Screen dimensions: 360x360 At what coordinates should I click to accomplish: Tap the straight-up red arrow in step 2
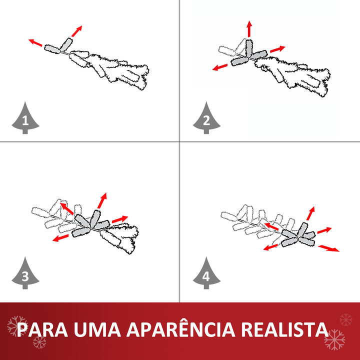point(249,29)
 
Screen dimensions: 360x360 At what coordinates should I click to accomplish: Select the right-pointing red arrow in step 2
point(277,49)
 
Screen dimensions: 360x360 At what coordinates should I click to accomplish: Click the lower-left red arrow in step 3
point(61,238)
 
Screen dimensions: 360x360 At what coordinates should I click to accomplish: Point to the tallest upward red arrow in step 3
point(102,200)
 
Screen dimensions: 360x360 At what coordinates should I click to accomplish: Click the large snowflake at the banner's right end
point(334,340)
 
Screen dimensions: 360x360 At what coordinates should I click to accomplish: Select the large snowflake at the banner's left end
point(17,326)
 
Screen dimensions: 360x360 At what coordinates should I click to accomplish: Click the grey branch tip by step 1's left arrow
point(51,48)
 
